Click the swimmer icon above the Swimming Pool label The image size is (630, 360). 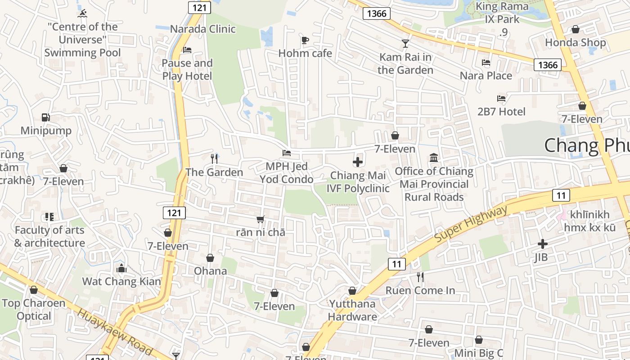click(82, 13)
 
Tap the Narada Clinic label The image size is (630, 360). click(202, 29)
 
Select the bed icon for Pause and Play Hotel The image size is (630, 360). click(187, 49)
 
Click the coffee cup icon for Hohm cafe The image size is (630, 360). click(305, 40)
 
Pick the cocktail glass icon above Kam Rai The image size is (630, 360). click(405, 44)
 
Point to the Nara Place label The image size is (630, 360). click(486, 76)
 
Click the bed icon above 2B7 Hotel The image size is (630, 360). click(501, 98)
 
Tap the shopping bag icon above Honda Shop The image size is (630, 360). click(575, 30)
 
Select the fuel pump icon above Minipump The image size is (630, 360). click(45, 117)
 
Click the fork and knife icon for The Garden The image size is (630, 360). click(214, 158)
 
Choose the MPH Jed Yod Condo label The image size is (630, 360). click(286, 173)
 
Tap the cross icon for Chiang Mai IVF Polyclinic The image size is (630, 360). click(358, 162)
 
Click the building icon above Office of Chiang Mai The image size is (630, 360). click(434, 157)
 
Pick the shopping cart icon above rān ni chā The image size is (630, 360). click(260, 220)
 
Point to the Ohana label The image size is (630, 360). click(210, 271)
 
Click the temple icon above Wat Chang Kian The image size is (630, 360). click(121, 269)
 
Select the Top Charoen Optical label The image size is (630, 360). click(34, 310)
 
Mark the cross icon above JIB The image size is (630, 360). click(543, 244)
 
